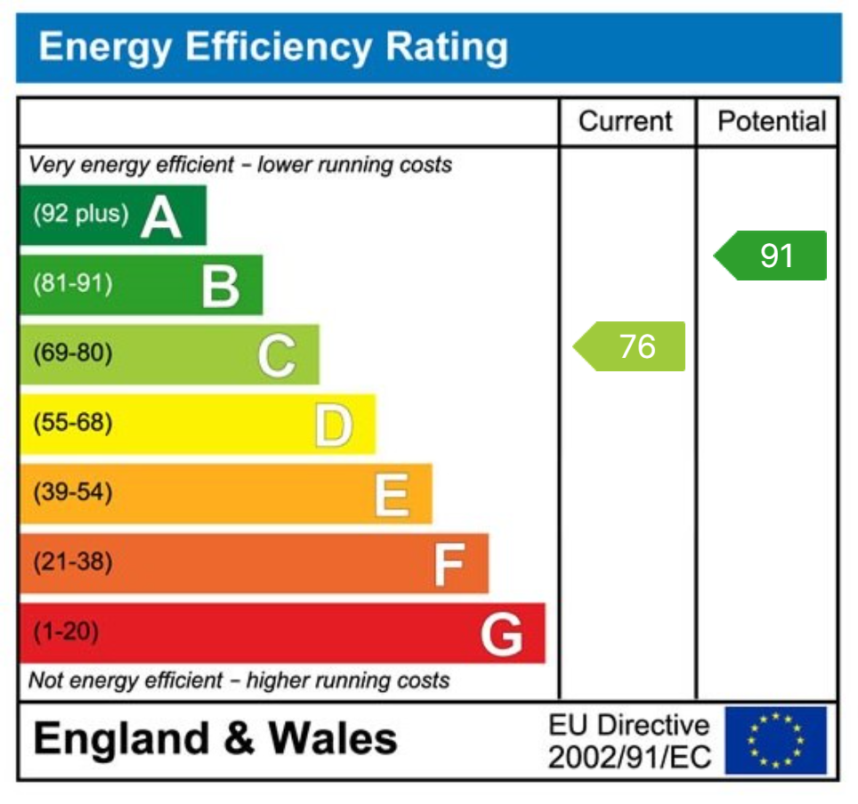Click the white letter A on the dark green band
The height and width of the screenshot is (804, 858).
(x=161, y=216)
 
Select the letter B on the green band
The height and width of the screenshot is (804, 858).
(x=220, y=286)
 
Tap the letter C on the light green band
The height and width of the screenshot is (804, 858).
(x=276, y=355)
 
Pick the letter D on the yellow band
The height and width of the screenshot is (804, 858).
(x=333, y=425)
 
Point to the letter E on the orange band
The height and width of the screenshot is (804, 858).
(x=391, y=494)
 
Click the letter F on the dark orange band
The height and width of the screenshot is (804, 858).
(x=449, y=564)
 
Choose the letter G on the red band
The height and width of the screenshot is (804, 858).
(x=502, y=634)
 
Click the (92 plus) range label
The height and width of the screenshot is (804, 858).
(x=80, y=215)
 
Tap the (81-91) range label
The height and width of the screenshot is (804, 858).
(x=73, y=284)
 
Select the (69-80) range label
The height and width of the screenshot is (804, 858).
(x=73, y=353)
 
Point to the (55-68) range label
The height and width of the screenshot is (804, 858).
(x=73, y=423)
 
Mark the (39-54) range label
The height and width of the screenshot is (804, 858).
(x=73, y=492)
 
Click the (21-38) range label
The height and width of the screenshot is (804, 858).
(x=73, y=562)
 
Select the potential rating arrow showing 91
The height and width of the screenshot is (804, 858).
(x=772, y=256)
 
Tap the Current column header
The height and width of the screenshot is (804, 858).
(x=626, y=121)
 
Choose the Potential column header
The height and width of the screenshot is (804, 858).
(x=772, y=121)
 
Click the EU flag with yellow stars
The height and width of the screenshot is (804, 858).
(x=775, y=740)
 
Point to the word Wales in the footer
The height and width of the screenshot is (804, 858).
(x=333, y=739)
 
